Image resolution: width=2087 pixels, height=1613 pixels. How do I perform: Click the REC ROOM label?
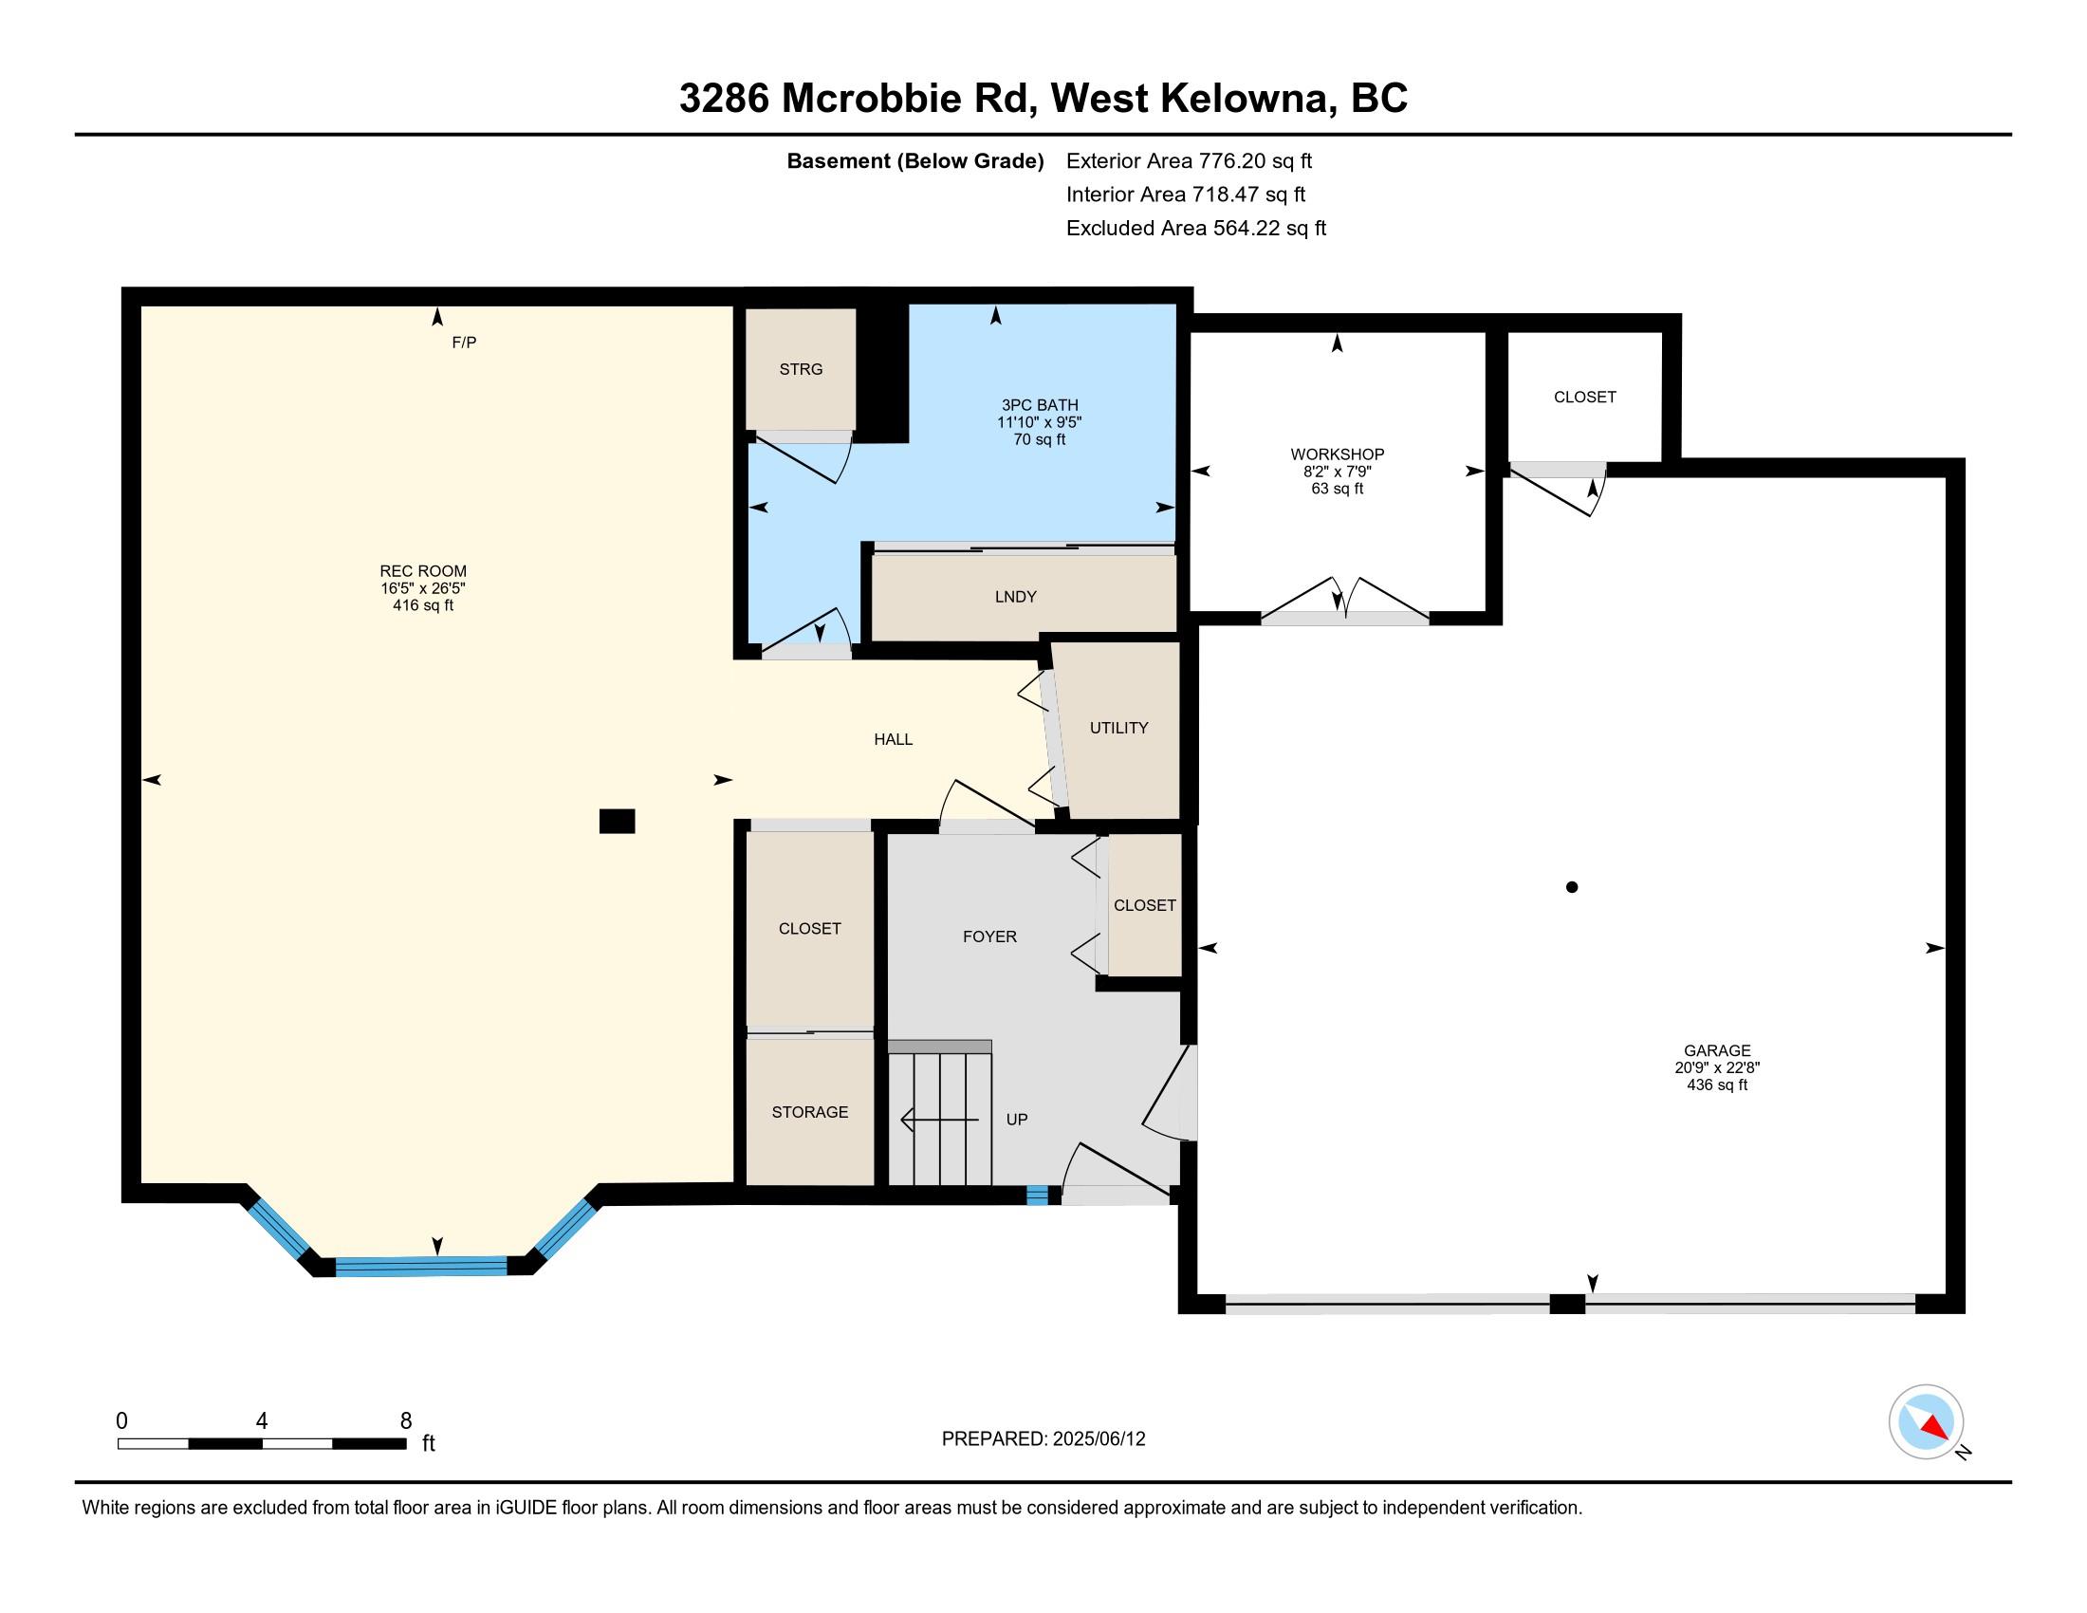422,571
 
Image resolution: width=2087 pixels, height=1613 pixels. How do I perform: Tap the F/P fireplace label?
465,343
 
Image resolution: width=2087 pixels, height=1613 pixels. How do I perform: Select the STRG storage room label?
801,369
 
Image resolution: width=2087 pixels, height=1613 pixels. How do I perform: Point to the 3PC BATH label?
1040,405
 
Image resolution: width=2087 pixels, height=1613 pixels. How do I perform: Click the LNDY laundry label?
1015,596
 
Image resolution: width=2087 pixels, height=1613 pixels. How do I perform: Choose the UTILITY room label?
1119,728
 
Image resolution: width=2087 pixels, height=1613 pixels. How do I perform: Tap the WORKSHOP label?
1337,454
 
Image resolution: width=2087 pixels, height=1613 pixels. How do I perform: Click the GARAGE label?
1717,1050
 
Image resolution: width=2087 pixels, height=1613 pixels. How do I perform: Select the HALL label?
894,738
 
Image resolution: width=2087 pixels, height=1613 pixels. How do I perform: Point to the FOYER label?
990,936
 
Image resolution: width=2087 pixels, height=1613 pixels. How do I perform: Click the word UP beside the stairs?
1017,1119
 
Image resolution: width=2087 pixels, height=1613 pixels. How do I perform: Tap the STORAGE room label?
810,1111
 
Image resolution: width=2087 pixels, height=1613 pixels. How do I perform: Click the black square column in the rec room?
618,821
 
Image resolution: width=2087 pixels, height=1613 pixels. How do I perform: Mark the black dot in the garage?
1572,887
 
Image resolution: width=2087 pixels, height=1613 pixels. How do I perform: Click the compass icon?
1926,1421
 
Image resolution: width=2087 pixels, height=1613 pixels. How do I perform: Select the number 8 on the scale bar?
406,1420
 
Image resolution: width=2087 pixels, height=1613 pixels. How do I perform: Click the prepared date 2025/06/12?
1099,1439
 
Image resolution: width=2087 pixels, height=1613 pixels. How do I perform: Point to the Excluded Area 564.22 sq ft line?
1195,229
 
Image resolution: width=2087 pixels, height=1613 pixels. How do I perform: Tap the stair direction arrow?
939,1119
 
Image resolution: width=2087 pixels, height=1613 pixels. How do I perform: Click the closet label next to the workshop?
1584,397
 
